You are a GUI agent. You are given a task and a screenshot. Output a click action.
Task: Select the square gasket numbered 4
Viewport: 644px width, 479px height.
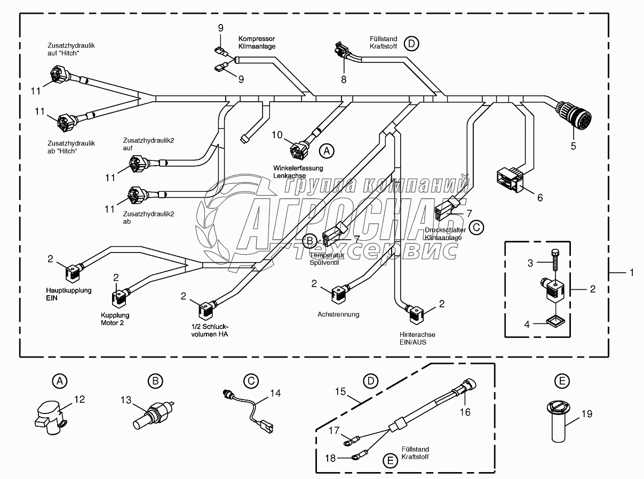point(554,321)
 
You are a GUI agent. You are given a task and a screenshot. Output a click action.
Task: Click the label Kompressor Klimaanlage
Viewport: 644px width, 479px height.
point(257,43)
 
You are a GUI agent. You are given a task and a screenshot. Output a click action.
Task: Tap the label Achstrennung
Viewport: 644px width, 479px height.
point(338,314)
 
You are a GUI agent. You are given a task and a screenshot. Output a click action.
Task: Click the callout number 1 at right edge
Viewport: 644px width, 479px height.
point(632,272)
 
